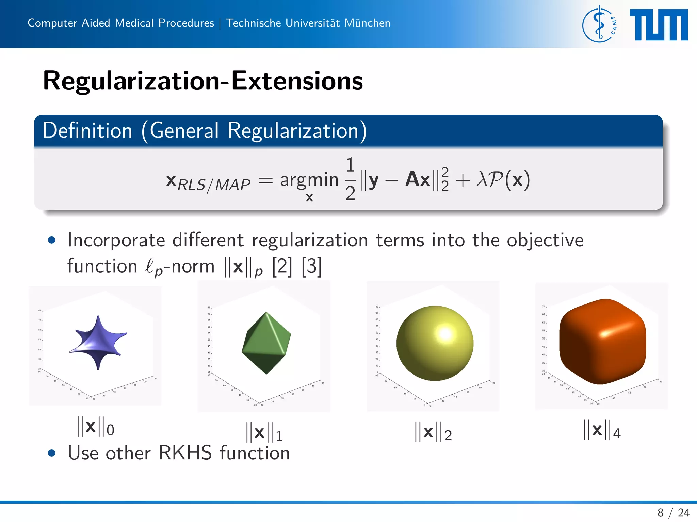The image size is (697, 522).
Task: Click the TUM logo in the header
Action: [x=659, y=24]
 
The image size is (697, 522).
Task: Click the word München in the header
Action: [x=367, y=23]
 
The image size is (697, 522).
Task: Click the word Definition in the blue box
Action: [x=87, y=130]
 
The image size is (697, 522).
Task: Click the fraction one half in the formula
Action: [x=350, y=179]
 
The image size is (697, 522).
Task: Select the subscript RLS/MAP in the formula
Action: [x=214, y=185]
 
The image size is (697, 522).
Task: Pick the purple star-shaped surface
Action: [x=98, y=342]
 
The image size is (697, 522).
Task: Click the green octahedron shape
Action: [x=266, y=343]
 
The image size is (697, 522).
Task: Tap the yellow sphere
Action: [x=435, y=343]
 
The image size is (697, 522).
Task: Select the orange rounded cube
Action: [x=602, y=342]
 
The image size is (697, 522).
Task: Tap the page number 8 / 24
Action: [x=673, y=512]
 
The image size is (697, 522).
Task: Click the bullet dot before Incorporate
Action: [x=52, y=240]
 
